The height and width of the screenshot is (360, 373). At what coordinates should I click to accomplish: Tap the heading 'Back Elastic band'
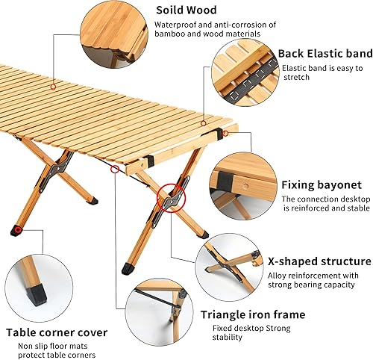[325, 54]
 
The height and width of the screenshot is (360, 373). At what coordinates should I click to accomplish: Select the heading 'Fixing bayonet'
[322, 184]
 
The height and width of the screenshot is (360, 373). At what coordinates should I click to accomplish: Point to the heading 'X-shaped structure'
[326, 261]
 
